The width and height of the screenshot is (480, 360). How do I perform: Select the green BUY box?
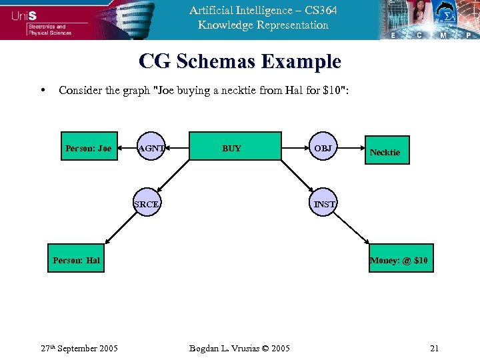tap(231, 147)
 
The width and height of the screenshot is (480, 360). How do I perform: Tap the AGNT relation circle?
tap(151, 148)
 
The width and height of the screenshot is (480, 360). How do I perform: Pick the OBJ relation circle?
tap(323, 147)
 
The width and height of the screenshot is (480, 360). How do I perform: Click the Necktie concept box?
tap(385, 152)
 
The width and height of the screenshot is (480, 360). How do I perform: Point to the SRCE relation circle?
tap(147, 204)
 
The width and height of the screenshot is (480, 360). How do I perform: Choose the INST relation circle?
tap(325, 204)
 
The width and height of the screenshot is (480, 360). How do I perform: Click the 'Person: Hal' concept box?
tap(76, 260)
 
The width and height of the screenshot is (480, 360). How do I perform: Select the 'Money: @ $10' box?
tap(399, 260)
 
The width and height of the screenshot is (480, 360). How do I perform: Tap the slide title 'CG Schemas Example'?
tap(240, 62)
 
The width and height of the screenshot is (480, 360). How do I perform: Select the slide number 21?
tap(434, 348)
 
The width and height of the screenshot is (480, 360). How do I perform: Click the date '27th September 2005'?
tap(79, 348)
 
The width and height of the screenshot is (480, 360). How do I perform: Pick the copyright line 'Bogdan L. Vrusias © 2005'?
tap(239, 348)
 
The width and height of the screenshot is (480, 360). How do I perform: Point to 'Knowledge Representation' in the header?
tap(263, 25)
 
